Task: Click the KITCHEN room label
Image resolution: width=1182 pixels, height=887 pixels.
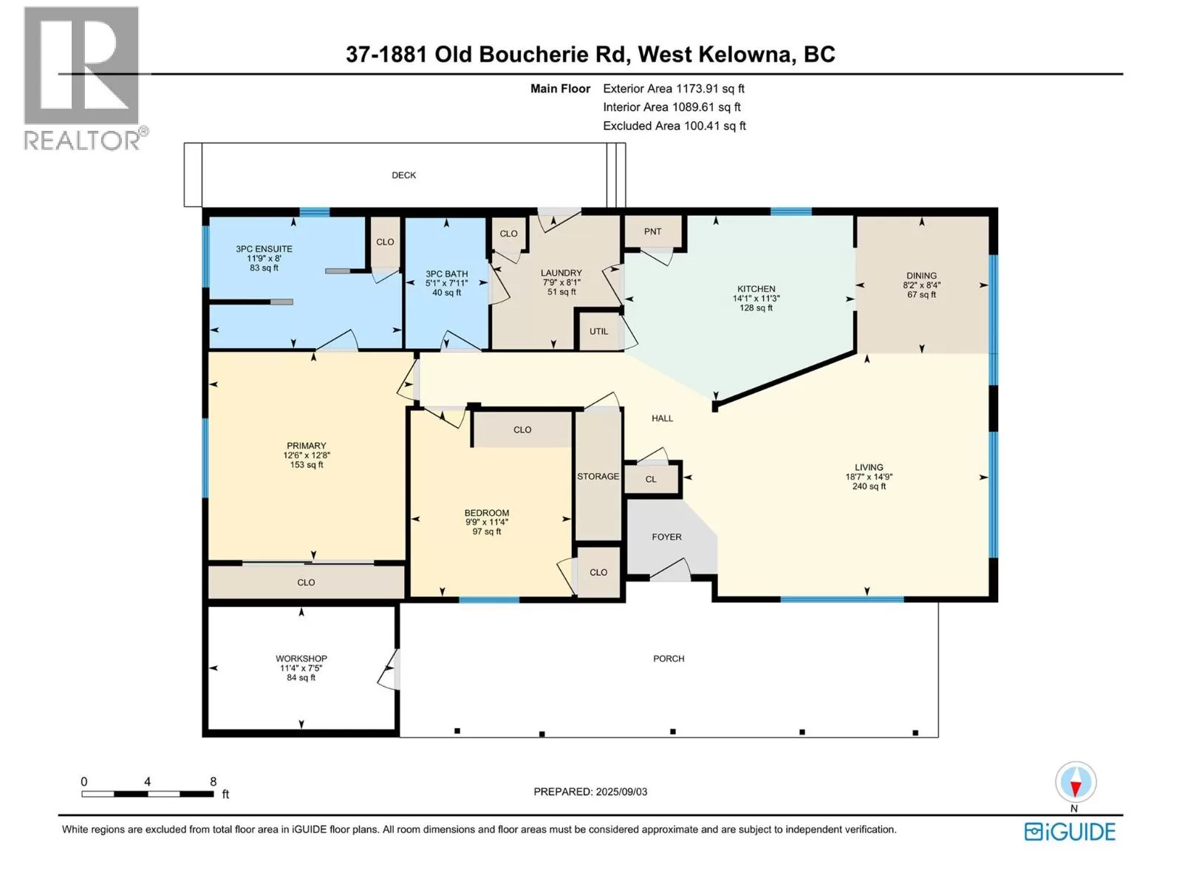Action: pos(756,289)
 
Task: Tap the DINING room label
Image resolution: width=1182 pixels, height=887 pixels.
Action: pos(921,276)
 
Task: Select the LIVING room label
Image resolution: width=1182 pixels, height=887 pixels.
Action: pos(869,467)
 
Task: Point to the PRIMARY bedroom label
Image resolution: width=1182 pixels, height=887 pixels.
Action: pos(306,446)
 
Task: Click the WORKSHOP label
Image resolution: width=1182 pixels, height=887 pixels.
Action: pos(301,659)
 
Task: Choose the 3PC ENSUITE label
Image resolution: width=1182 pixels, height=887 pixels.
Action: pos(264,249)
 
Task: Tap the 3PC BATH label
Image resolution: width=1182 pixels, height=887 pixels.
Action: pos(446,274)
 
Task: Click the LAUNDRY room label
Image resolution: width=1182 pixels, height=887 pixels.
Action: pos(561,273)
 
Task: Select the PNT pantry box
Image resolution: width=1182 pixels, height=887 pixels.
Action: pos(653,232)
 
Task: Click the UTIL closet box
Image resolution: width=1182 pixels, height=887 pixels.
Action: pos(598,331)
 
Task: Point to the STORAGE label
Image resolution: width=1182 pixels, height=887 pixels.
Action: pos(598,477)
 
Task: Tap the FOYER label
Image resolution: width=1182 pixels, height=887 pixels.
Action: pos(666,537)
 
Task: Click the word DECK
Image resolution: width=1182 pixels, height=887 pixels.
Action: pos(403,175)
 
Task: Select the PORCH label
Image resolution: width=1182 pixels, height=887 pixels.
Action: pos(669,659)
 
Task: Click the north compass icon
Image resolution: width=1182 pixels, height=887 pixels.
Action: pos(1075,783)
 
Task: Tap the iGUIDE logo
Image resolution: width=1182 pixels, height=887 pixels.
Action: pos(1070,832)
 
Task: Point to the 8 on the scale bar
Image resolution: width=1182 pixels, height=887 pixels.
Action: pos(213,781)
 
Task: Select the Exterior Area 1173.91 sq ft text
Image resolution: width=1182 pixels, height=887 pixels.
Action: pos(674,89)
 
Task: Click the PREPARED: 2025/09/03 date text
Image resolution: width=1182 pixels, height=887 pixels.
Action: pos(590,792)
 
